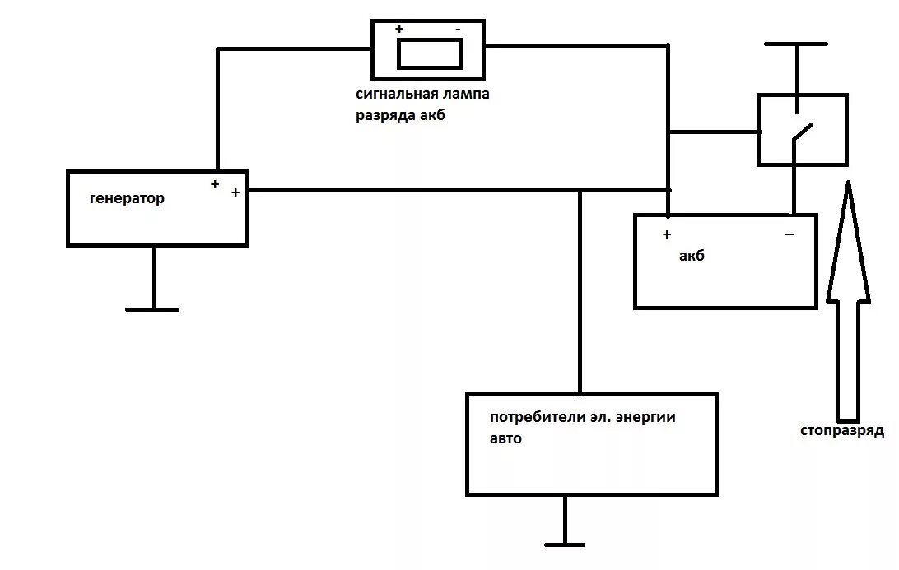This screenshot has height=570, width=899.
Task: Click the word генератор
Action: (x=127, y=198)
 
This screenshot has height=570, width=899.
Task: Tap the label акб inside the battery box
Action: (x=692, y=256)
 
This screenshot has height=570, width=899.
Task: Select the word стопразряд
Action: (x=841, y=430)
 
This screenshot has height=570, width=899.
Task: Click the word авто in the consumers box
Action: (x=505, y=438)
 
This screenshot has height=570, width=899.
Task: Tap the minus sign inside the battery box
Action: (x=790, y=235)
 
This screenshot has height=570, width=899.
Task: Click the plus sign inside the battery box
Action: (x=667, y=234)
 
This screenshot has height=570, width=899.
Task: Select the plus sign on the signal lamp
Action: (x=399, y=29)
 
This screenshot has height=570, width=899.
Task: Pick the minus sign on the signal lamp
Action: (x=458, y=29)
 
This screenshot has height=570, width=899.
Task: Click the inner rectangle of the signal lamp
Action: (x=430, y=53)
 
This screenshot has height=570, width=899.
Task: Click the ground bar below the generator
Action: (x=152, y=309)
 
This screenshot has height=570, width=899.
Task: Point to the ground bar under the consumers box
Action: (x=565, y=544)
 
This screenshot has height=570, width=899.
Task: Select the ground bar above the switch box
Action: (x=795, y=44)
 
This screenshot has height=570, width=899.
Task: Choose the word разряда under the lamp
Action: (x=387, y=116)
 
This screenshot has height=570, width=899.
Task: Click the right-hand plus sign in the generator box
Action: (x=235, y=192)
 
